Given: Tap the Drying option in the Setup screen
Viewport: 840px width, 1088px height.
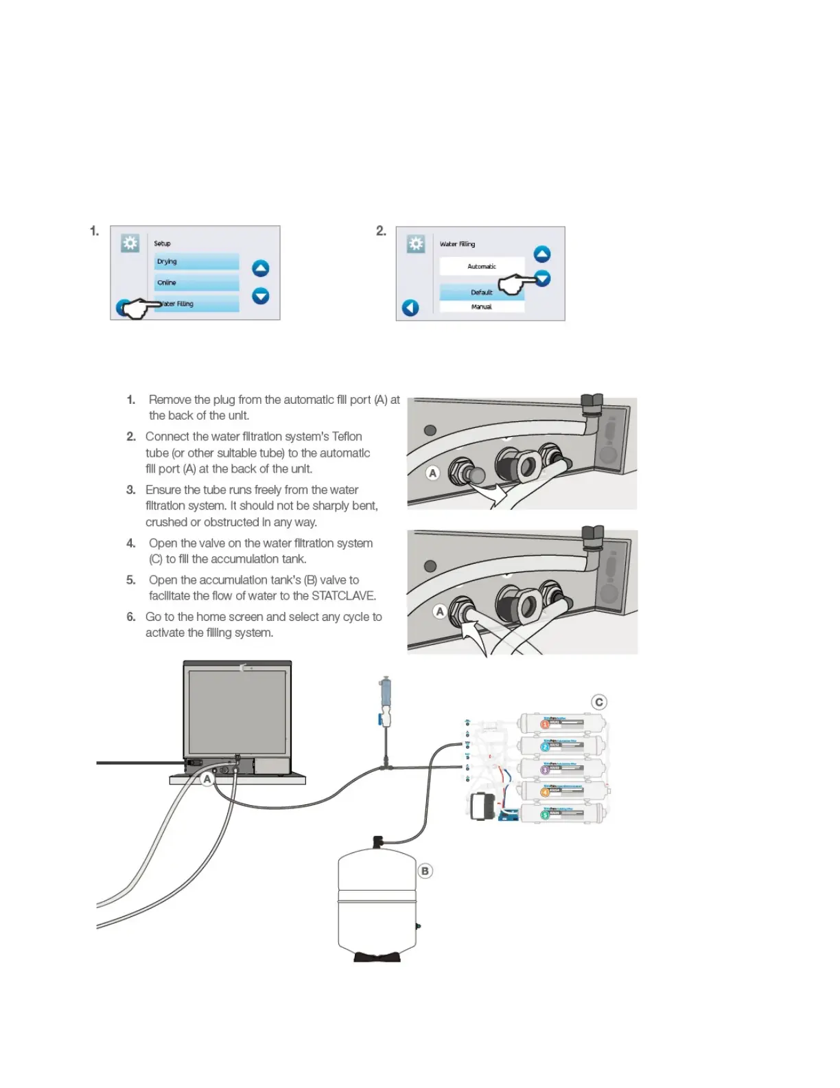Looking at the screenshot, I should click(196, 262).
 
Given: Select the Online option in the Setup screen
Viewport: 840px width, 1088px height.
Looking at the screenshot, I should click(196, 283).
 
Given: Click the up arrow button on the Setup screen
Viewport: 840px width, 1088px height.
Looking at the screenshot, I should click(261, 269).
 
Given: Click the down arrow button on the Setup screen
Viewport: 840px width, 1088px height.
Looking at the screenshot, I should click(261, 296).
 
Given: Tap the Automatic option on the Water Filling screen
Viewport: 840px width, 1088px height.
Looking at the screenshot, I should click(482, 267).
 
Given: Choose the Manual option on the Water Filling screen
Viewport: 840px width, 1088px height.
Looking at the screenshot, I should click(482, 307).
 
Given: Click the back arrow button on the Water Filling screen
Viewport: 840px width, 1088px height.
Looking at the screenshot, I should click(410, 308).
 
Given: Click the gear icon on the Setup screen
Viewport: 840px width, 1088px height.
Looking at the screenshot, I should click(130, 243).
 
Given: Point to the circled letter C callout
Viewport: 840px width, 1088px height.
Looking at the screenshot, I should click(599, 702).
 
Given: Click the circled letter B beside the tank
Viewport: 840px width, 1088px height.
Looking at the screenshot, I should click(425, 871).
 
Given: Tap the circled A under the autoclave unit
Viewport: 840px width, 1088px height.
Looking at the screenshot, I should click(207, 779).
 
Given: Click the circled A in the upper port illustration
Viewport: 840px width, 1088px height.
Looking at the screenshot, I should click(432, 473).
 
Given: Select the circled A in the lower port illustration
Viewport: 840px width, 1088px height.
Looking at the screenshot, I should click(440, 611).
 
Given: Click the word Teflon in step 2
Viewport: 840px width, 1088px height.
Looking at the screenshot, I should click(347, 436).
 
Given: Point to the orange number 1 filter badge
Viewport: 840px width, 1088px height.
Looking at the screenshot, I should click(545, 724).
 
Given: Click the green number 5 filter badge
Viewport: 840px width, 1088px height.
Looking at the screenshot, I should click(545, 815).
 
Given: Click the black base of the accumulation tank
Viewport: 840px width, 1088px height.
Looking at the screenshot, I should click(377, 956).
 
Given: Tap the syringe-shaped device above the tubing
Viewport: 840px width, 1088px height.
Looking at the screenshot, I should click(386, 701).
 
